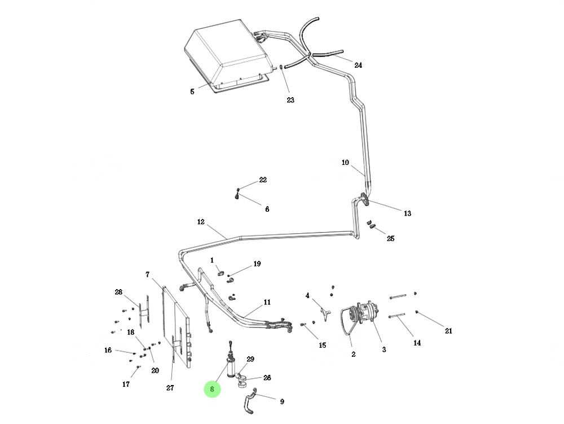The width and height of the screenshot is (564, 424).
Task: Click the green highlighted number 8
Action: tap(212, 389)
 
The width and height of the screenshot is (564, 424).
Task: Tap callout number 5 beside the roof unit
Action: tap(192, 91)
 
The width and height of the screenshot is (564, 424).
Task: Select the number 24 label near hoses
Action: tap(358, 65)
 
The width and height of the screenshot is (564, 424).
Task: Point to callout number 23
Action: tap(290, 100)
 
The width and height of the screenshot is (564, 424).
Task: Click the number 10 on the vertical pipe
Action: tap(345, 163)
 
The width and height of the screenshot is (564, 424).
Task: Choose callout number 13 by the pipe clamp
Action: tap(407, 213)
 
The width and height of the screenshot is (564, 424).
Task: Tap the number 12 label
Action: tap(201, 222)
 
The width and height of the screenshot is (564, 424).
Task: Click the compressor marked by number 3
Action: tap(361, 316)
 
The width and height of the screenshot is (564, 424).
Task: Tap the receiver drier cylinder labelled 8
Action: tap(231, 366)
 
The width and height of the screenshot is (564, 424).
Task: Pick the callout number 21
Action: tap(448, 331)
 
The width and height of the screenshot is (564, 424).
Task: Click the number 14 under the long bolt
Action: tap(417, 343)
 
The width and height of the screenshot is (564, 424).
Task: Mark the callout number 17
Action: tap(126, 384)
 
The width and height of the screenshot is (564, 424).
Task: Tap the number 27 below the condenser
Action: tap(170, 387)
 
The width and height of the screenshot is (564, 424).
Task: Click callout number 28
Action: tap(118, 292)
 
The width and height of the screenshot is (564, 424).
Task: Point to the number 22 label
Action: tap(263, 180)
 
